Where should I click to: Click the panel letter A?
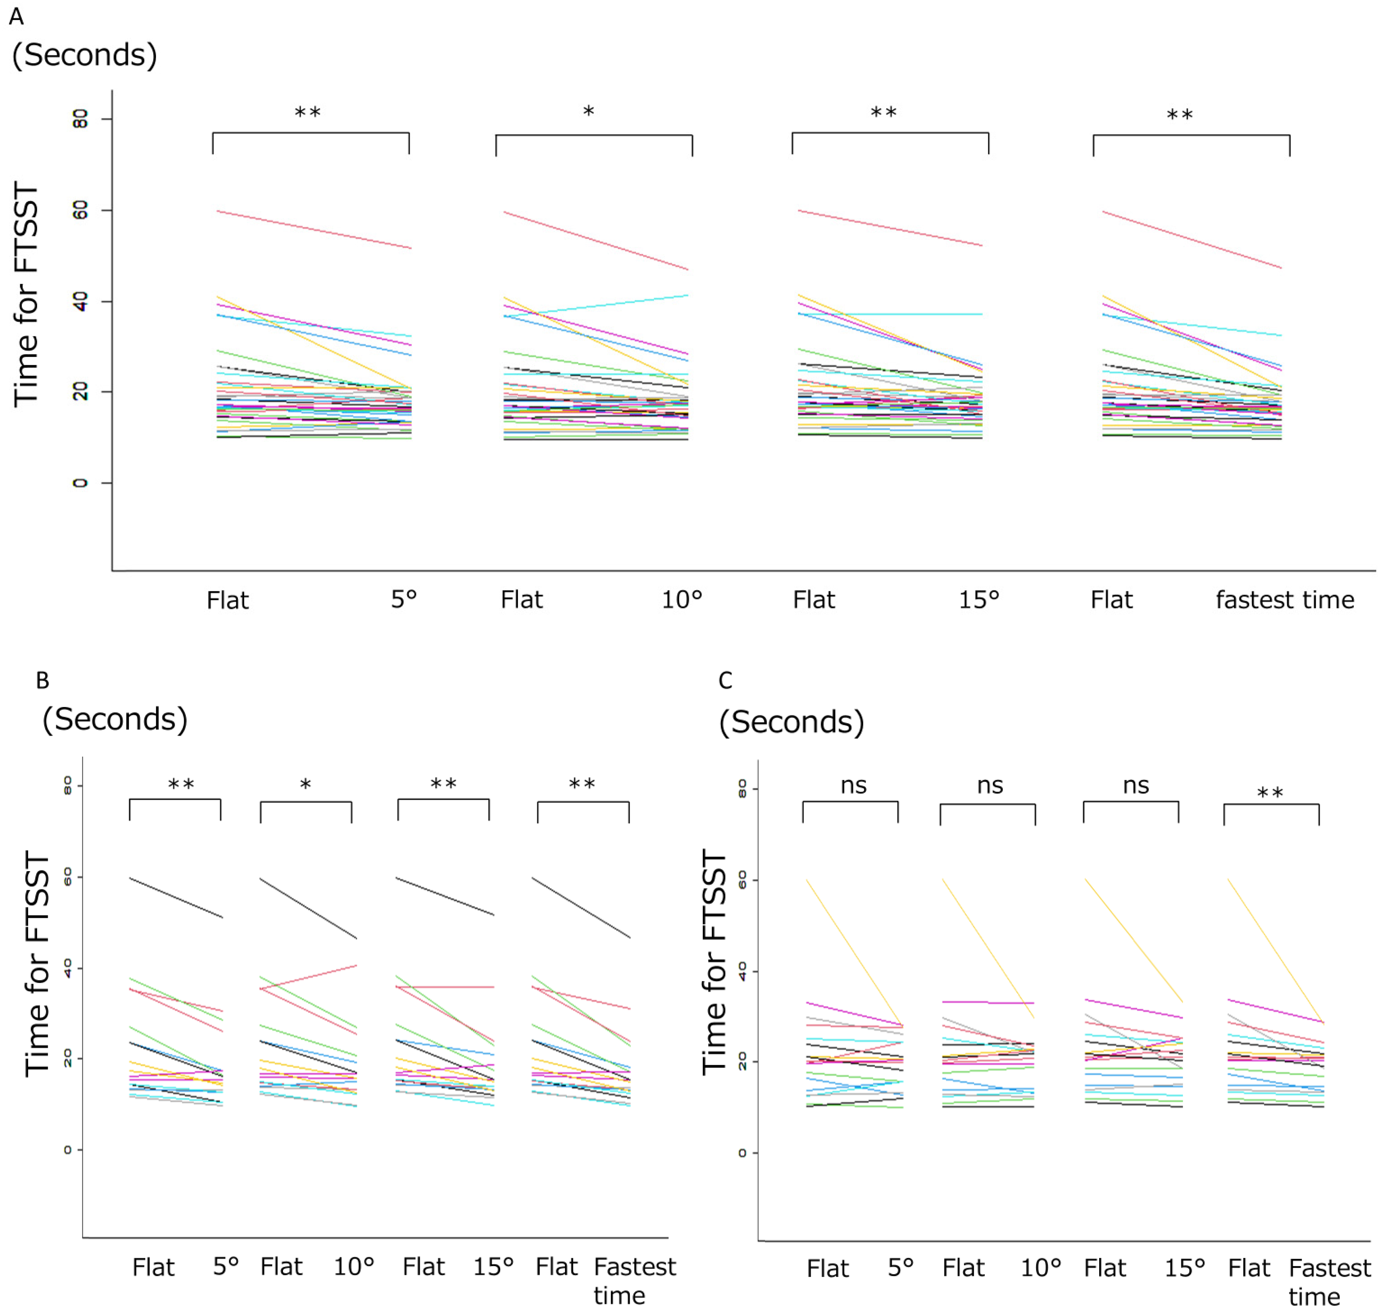16,16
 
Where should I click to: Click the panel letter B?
43,680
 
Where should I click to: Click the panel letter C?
725,680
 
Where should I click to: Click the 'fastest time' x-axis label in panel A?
1285,600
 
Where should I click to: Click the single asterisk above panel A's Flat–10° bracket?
588,112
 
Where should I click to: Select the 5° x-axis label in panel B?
226,1265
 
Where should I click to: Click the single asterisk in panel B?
305,784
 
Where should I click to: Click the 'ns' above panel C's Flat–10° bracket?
990,786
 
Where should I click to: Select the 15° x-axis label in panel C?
1185,1267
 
